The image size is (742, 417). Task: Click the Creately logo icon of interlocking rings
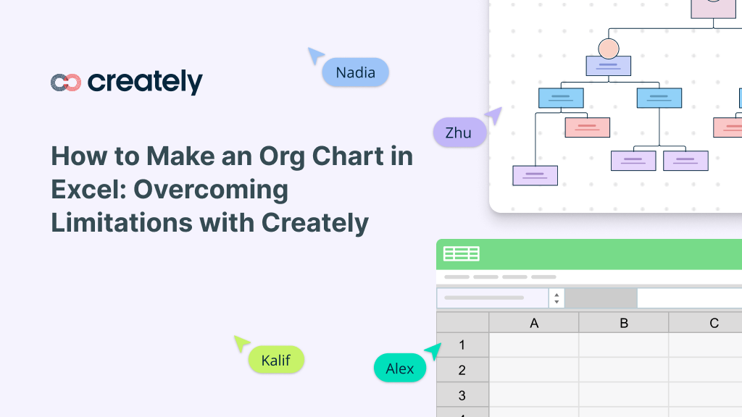coord(65,83)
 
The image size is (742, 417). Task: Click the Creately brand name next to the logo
coord(145,82)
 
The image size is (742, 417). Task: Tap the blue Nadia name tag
coord(355,72)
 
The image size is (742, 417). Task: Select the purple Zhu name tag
coord(459,132)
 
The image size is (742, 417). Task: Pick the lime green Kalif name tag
coord(276,360)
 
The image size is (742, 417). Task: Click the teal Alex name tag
coord(399,368)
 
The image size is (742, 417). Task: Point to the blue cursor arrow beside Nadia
coord(315,56)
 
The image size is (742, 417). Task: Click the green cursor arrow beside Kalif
coord(241,343)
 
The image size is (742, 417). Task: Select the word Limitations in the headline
coord(122,223)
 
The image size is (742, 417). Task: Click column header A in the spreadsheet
coord(534,323)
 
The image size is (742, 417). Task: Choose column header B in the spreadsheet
coord(624,323)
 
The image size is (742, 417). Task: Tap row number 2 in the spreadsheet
coord(462,370)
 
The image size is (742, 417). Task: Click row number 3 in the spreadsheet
coord(462,395)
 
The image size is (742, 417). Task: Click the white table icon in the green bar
coord(462,253)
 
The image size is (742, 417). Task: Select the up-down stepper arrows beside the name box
coord(556,298)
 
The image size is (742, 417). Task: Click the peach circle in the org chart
coord(608,49)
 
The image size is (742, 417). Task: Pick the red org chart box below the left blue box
coord(587,127)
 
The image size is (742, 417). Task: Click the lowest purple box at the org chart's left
coord(535,175)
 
